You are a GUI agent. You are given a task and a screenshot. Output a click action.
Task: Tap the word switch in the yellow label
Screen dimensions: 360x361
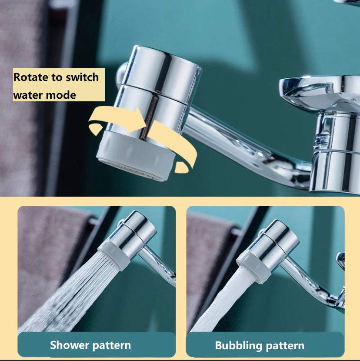pos(82,77)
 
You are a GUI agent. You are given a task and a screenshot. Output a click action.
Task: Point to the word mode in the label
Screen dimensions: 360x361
pos(61,95)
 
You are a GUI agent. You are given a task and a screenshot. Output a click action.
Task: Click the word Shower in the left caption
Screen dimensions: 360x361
pos(69,345)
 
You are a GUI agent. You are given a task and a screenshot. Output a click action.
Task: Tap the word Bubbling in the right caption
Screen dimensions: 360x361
pos(236,346)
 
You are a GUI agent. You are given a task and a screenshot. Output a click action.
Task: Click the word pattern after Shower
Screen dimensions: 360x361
pos(112,345)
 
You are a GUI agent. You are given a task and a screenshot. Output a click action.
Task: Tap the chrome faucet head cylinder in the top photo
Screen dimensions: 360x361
pos(157,92)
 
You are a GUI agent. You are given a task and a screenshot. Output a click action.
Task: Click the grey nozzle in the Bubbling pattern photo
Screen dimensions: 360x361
pos(253,267)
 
